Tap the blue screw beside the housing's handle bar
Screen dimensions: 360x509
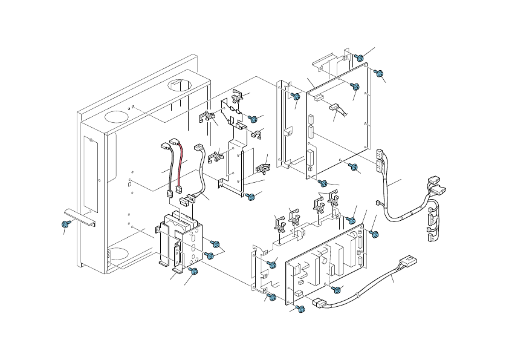coord(65,224)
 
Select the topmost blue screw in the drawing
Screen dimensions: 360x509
coord(359,58)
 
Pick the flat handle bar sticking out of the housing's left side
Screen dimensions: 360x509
coord(78,217)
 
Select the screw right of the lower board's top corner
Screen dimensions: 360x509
coord(374,234)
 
